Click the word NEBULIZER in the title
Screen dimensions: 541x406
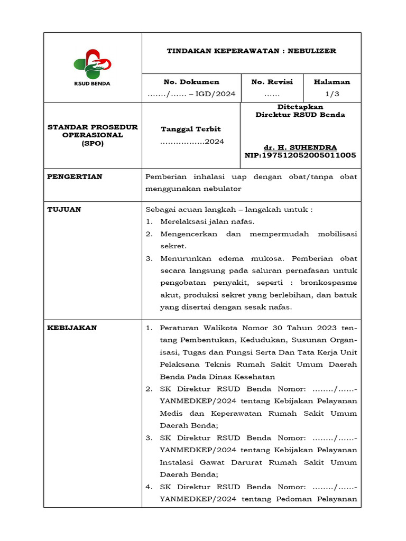(x=313, y=51)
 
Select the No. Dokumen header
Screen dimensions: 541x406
(x=191, y=82)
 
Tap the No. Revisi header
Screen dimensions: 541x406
(x=272, y=82)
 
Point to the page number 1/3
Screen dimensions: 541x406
(x=332, y=94)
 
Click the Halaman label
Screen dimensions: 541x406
(x=332, y=82)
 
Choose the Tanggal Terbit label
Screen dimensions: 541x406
(x=191, y=129)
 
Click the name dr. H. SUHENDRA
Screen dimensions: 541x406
(x=300, y=147)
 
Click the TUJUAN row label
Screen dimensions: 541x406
(x=64, y=209)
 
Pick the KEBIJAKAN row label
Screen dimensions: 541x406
(x=72, y=328)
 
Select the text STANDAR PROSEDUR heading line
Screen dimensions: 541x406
(x=93, y=127)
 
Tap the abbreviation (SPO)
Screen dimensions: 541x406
(x=93, y=143)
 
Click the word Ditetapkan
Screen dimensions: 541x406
(x=300, y=107)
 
